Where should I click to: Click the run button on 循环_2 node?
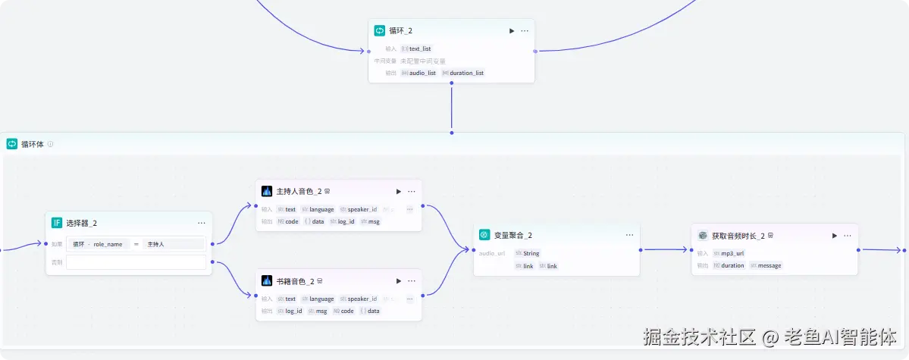pyautogui.click(x=512, y=31)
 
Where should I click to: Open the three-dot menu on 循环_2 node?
pyautogui.click(x=525, y=31)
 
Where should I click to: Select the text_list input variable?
pyautogui.click(x=420, y=49)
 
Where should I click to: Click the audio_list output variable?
pyautogui.click(x=422, y=73)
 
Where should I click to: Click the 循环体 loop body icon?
pyautogui.click(x=12, y=144)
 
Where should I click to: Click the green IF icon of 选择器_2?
pyautogui.click(x=56, y=223)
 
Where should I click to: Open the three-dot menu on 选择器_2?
pyautogui.click(x=202, y=223)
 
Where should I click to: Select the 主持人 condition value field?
pyautogui.click(x=174, y=244)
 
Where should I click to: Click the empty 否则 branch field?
pyautogui.click(x=136, y=262)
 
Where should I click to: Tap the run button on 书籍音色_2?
pyautogui.click(x=399, y=281)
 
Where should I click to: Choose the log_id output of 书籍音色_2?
pyautogui.click(x=294, y=311)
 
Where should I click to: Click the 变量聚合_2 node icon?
pyautogui.click(x=484, y=235)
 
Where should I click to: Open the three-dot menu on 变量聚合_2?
pyautogui.click(x=629, y=235)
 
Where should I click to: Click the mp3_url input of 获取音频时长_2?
pyautogui.click(x=732, y=253)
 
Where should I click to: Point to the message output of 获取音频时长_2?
pyautogui.click(x=769, y=265)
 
